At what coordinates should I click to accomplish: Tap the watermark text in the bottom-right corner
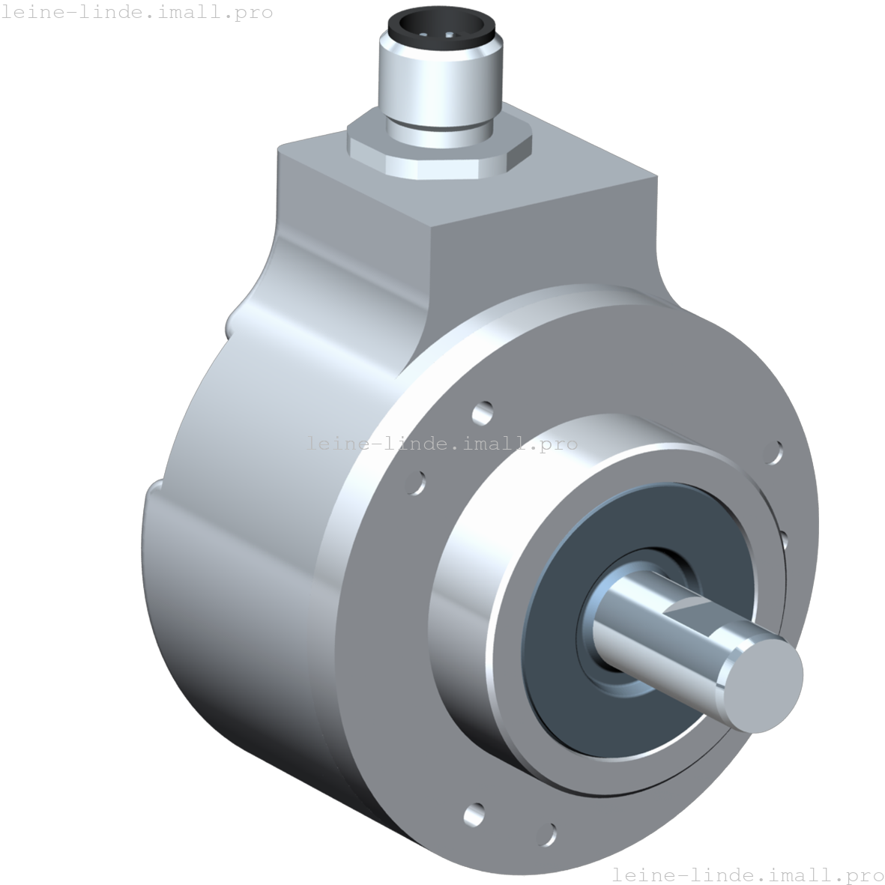coord(747,875)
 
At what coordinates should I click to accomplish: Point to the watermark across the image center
coord(442,444)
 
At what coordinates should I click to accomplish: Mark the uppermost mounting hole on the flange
coord(483,411)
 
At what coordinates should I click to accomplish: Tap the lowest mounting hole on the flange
coord(549,833)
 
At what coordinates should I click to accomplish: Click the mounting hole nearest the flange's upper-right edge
coord(775,453)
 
